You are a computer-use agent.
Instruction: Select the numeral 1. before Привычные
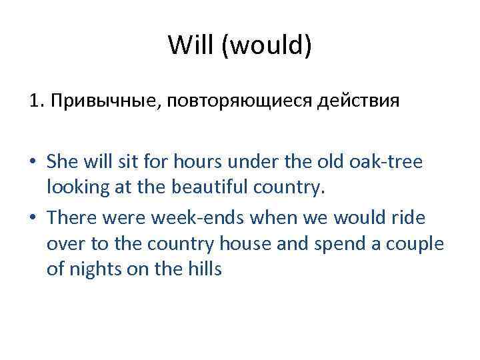point(35,102)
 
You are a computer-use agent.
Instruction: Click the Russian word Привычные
point(101,102)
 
